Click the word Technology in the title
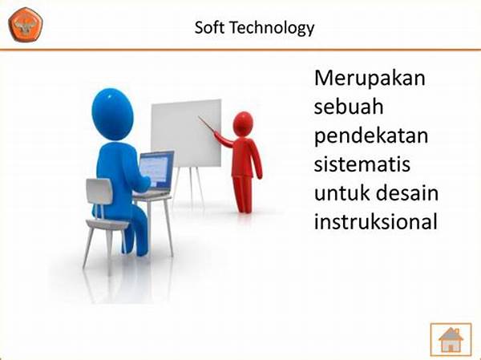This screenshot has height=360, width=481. tap(272, 28)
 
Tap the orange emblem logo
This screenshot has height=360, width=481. tap(26, 25)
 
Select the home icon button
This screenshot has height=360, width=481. tap(451, 339)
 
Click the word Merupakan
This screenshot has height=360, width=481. tap(370, 78)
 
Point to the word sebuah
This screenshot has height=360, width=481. tap(349, 107)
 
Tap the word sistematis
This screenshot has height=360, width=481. tap(362, 164)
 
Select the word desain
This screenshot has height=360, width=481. tap(407, 193)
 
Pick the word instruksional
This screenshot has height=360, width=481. tap(375, 221)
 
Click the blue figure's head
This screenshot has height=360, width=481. tap(112, 115)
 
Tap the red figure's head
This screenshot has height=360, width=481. tap(243, 124)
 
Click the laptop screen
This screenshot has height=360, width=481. tap(156, 170)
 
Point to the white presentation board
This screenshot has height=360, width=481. tap(186, 133)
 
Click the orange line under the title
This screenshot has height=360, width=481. tap(240, 50)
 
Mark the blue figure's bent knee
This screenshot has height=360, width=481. tap(137, 212)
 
